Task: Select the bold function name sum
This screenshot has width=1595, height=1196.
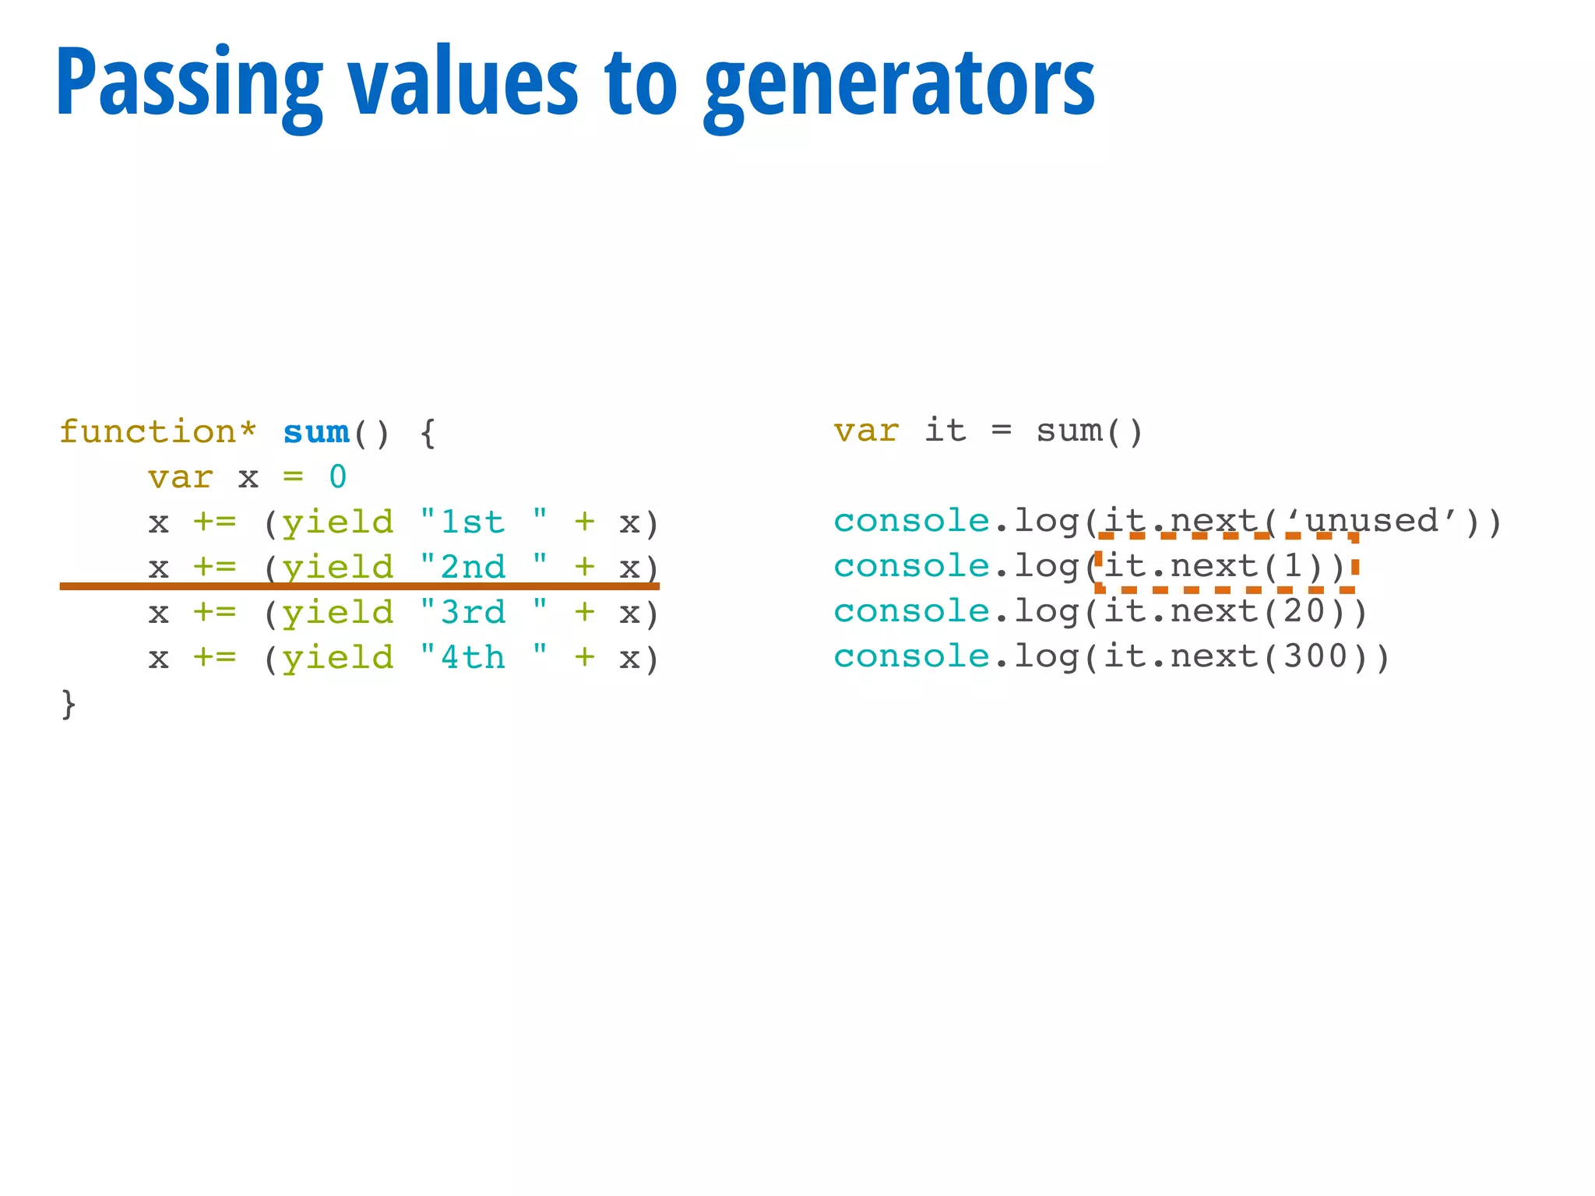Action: coord(316,432)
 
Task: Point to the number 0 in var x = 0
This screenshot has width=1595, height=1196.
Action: coord(337,477)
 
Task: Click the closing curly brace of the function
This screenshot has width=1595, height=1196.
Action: coord(69,704)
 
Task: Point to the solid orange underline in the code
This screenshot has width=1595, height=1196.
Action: coord(359,586)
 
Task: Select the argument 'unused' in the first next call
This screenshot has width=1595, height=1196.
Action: coord(1371,520)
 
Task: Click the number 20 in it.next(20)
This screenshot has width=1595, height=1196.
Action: coord(1305,611)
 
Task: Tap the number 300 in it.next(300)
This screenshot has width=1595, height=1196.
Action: coord(1315,656)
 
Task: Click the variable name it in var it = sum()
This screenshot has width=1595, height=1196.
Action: coord(945,431)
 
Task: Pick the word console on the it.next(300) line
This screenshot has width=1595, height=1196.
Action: coord(911,656)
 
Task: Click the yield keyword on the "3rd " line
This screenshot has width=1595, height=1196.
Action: coord(338,613)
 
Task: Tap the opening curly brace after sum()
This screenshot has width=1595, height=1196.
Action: coord(428,432)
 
